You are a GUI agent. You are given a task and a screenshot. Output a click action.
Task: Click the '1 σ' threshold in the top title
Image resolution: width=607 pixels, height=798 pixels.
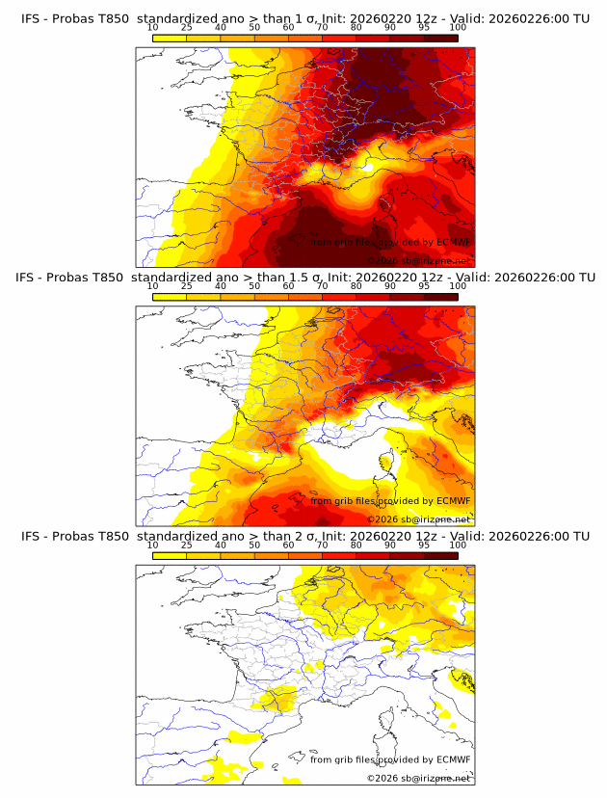(x=306, y=18)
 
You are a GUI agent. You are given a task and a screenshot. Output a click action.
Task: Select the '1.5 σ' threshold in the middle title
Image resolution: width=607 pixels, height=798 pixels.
(x=311, y=278)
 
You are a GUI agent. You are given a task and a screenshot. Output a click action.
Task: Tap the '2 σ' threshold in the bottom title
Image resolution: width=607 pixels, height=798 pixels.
(x=306, y=536)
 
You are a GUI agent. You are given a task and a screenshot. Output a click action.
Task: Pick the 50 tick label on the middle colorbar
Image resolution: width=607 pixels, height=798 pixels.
(x=254, y=287)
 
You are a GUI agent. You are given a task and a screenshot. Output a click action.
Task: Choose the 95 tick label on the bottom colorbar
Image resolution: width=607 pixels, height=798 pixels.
(x=424, y=545)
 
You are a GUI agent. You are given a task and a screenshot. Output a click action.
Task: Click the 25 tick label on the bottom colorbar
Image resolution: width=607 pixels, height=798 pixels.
(x=186, y=545)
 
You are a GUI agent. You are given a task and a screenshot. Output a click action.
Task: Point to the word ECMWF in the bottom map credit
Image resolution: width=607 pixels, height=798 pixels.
(x=453, y=759)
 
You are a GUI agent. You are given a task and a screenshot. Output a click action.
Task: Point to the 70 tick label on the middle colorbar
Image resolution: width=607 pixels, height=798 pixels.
(x=322, y=287)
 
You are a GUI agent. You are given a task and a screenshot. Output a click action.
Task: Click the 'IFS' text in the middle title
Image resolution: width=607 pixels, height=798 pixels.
(x=30, y=278)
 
